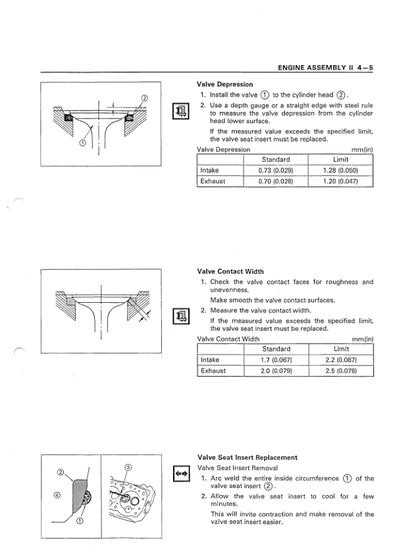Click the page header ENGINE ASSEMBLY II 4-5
(325, 68)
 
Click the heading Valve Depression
(225, 84)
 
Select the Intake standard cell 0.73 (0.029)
(276, 171)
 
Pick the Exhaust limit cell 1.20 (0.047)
(340, 181)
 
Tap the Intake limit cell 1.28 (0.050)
(340, 171)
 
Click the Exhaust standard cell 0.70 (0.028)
(276, 181)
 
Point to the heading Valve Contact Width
(230, 271)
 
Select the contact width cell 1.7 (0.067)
(276, 360)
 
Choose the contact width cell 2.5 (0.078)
(341, 371)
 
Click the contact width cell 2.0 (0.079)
(276, 371)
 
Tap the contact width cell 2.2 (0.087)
(341, 360)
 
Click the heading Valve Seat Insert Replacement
(248, 458)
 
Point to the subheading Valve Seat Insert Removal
(238, 468)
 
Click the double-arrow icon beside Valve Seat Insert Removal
(182, 473)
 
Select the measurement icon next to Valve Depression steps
(180, 111)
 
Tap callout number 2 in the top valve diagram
(144, 98)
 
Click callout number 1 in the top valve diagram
(82, 143)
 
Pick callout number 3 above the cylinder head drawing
(128, 467)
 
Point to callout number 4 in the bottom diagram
(58, 495)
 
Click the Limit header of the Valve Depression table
(340, 159)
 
